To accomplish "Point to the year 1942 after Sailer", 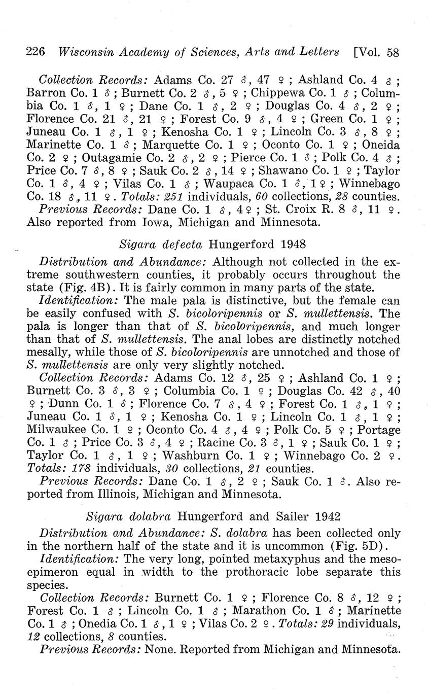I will pos(326,516).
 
